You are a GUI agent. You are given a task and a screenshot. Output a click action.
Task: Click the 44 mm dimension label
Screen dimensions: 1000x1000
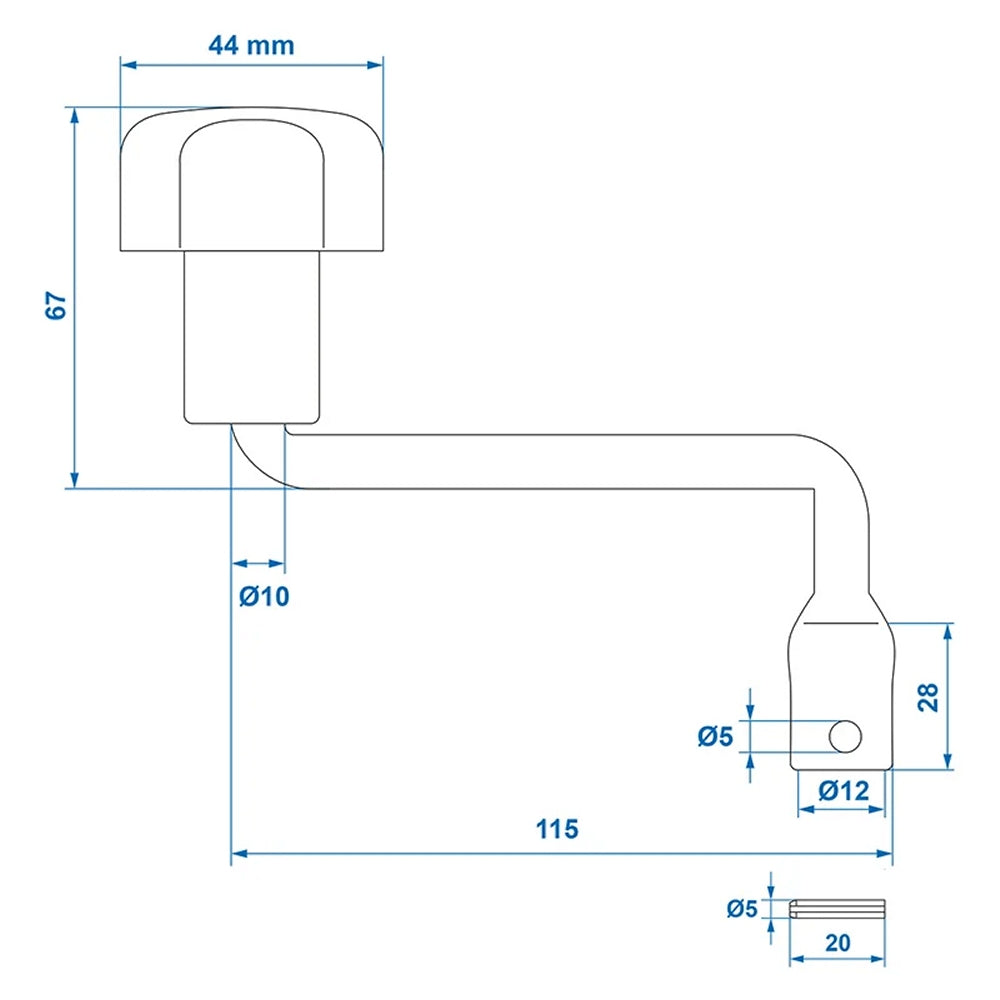pos(251,45)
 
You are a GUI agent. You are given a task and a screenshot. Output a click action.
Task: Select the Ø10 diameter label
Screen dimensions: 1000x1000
pos(264,597)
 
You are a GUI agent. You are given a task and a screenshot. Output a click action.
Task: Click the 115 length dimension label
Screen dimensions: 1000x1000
pos(557,829)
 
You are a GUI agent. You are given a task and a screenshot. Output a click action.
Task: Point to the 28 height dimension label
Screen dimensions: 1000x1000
pos(927,697)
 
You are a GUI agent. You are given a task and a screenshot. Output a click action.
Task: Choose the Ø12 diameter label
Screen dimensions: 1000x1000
pos(843,791)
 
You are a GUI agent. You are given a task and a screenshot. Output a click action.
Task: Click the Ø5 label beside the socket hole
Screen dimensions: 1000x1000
pos(715,737)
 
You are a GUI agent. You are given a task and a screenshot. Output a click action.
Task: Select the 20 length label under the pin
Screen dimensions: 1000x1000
pos(838,942)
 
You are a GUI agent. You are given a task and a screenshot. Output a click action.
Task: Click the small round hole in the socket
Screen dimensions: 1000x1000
pos(845,736)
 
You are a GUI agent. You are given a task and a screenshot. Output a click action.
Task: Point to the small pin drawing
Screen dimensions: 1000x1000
pos(838,909)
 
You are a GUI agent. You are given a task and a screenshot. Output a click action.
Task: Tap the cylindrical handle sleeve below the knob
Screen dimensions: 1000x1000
pos(251,335)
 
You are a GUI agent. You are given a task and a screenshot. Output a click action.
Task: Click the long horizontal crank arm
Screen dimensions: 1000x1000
pos(550,461)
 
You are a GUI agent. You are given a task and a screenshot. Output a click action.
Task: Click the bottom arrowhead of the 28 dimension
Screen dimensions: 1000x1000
pos(947,762)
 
